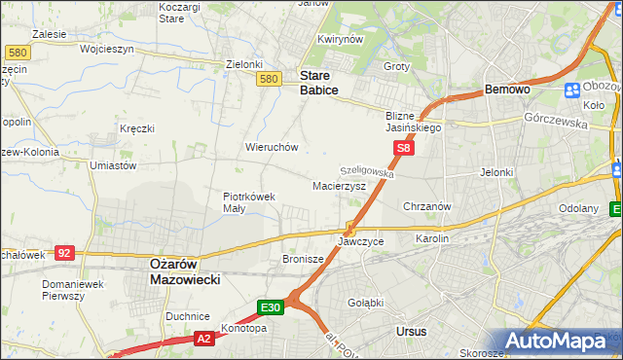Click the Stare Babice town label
318,83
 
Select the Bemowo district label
507,90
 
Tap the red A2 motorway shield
203,339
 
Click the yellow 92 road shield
64,252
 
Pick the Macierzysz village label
339,185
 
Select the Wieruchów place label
272,147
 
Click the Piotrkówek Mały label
249,201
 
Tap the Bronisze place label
303,260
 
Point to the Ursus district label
412,332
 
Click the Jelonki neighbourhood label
496,172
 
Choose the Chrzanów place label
426,206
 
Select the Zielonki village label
244,64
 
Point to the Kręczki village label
137,127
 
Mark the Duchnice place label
188,316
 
